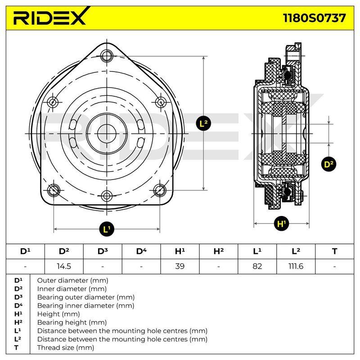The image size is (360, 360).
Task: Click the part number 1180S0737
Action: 314,18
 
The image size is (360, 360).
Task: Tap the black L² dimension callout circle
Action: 203,123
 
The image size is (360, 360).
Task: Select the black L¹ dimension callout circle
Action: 107,229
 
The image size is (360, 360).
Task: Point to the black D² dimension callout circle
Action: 328,164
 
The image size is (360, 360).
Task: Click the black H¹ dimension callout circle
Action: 282,223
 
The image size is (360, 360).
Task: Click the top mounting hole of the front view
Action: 107,56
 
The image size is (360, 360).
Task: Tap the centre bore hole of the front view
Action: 107,133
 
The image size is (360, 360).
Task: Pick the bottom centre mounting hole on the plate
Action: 107,196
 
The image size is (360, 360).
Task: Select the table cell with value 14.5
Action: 64,266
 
